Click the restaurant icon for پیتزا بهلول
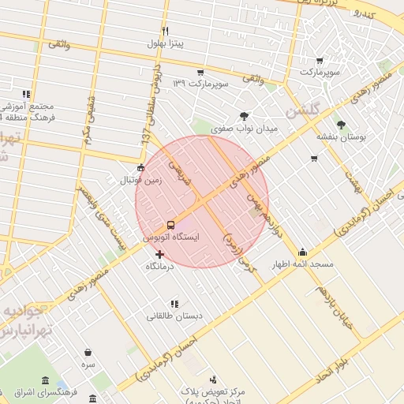[x=165, y=32]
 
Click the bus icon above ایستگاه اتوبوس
[x=171, y=225]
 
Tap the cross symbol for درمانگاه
[x=160, y=254]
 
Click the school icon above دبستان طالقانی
[x=174, y=304]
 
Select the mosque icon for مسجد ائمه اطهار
[x=302, y=252]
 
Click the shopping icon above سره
[x=88, y=352]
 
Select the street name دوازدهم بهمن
[x=261, y=208]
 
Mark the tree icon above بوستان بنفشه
[x=341, y=125]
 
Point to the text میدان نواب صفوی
[x=245, y=128]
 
